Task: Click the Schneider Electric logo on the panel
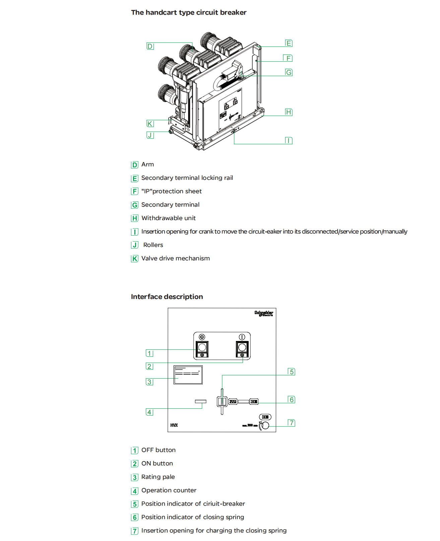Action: click(x=264, y=313)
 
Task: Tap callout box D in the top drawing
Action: click(x=150, y=46)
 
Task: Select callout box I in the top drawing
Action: click(x=289, y=141)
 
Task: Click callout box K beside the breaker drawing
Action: click(x=150, y=124)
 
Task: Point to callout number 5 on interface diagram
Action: click(x=292, y=372)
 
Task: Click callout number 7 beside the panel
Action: click(x=292, y=423)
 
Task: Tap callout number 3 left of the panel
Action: click(x=149, y=382)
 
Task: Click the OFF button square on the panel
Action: click(x=202, y=348)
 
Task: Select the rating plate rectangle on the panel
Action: click(x=188, y=375)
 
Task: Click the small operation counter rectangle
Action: click(x=201, y=401)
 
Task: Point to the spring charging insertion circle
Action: click(x=265, y=426)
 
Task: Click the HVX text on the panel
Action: click(x=174, y=425)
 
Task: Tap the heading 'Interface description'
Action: click(x=167, y=297)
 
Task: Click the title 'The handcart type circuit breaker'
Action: click(x=189, y=12)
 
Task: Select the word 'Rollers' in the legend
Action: click(x=153, y=245)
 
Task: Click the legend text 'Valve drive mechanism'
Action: click(x=176, y=258)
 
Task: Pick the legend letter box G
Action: click(x=135, y=205)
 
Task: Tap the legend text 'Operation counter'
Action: click(x=169, y=490)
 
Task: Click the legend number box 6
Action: click(x=135, y=518)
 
